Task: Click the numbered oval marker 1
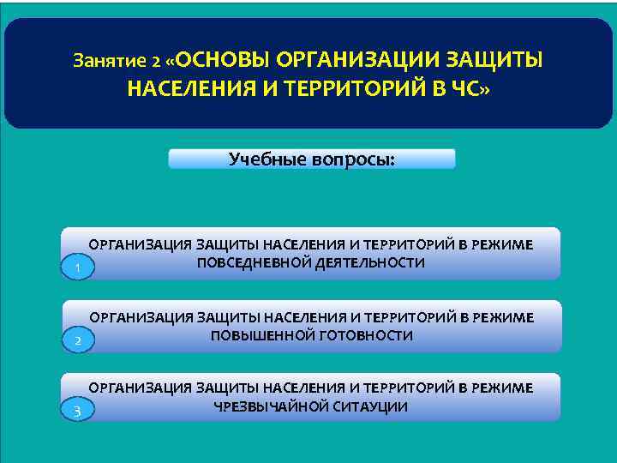77,270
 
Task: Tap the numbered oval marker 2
77,342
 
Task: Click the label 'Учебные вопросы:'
312,159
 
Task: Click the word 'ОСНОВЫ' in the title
224,61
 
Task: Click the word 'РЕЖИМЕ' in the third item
501,388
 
